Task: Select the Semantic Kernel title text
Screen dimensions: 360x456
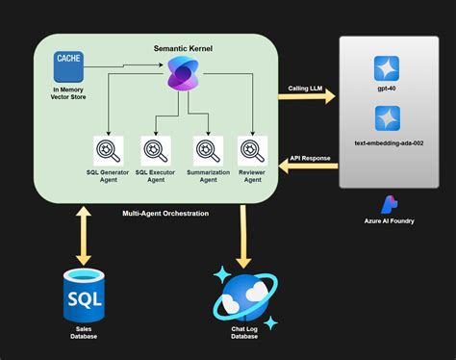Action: coord(183,47)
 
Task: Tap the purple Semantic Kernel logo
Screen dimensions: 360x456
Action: coord(182,74)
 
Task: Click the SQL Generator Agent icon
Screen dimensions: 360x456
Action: coord(107,150)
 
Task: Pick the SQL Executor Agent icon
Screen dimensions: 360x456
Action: coord(156,150)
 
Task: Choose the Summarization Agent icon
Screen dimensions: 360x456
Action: coord(205,150)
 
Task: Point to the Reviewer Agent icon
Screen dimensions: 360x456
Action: coord(252,150)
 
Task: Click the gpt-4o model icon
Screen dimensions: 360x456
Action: coord(388,68)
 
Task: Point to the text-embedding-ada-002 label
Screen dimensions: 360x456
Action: coord(388,142)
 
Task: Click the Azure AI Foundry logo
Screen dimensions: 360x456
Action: coord(388,204)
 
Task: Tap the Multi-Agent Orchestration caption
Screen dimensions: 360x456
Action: coord(165,213)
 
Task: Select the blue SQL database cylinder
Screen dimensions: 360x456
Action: coord(84,296)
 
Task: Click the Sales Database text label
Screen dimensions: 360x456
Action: coord(84,333)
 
